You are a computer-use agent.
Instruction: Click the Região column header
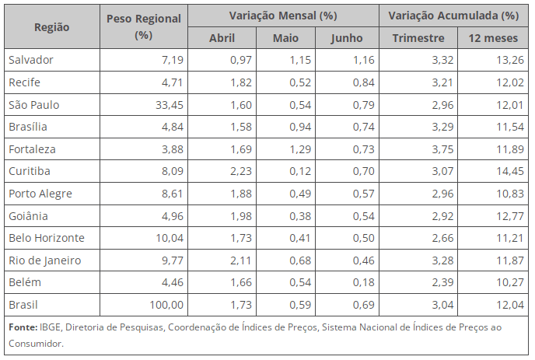51,26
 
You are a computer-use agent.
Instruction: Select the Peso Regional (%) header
142,26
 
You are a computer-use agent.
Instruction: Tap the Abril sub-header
222,38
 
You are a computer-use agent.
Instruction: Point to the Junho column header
346,38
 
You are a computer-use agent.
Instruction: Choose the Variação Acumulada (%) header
453,16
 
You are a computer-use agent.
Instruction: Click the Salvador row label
31,60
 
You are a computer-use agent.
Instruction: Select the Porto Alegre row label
39,193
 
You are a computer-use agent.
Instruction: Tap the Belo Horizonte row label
46,237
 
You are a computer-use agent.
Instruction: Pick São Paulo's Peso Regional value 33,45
168,104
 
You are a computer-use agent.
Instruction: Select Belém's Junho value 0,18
360,281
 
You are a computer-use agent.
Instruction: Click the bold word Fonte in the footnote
23,327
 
